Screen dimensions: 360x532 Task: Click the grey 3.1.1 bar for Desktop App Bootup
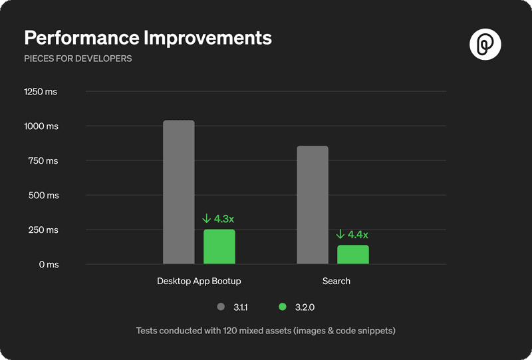coord(179,192)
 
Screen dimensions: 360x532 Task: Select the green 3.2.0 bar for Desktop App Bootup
coord(219,247)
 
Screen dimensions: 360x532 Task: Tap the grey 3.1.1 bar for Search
coord(313,205)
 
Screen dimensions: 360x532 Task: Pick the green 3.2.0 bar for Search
coord(353,255)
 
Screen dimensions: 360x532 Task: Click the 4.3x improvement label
coord(219,218)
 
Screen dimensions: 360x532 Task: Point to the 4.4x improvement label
coord(352,234)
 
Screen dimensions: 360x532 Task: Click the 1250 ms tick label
coord(41,91)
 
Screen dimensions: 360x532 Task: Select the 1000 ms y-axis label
coord(41,126)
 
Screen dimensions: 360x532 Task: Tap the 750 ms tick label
coord(43,161)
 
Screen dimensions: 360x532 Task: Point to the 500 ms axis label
coord(43,196)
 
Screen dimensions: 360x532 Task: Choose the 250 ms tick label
coord(43,230)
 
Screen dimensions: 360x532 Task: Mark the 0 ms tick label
coord(48,265)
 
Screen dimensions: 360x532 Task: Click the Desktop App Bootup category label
coord(199,281)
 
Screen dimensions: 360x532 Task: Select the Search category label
coord(336,281)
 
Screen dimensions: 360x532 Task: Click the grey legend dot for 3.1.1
coord(221,307)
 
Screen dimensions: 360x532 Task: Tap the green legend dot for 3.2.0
coord(283,307)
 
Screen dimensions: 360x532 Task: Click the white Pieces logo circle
coord(485,45)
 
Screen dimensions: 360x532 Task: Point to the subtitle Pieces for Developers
coord(78,59)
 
